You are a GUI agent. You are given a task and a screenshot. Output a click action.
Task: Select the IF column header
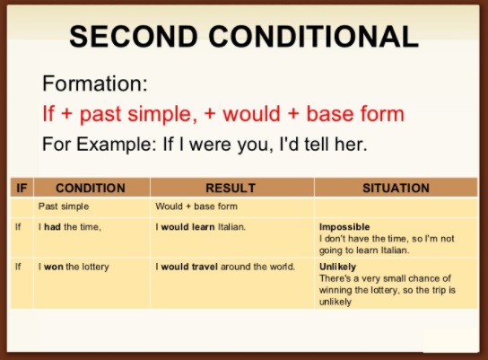(22, 188)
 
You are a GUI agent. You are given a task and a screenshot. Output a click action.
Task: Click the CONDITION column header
(91, 188)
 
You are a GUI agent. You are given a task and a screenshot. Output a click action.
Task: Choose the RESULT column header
(231, 188)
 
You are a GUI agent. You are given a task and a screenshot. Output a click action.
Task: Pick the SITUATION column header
(396, 188)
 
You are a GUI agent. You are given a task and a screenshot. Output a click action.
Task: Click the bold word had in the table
(52, 227)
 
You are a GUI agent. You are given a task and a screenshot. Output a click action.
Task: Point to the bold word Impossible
(344, 227)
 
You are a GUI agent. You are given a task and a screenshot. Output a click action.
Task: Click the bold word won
(52, 268)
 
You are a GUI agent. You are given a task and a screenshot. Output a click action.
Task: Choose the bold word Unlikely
(338, 268)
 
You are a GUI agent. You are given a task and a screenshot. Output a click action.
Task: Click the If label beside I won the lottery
(19, 268)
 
